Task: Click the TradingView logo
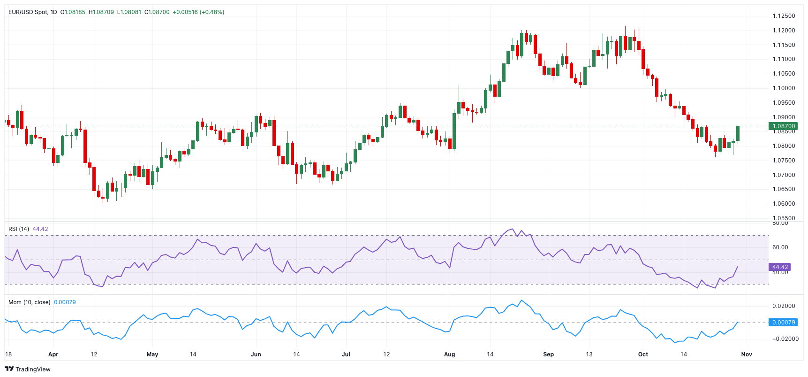pyautogui.click(x=28, y=369)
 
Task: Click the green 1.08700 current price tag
pyautogui.click(x=784, y=126)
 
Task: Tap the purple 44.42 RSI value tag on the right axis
pyautogui.click(x=780, y=267)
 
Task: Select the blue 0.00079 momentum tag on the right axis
pyautogui.click(x=783, y=323)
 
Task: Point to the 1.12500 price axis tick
pyautogui.click(x=784, y=16)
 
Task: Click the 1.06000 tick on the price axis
pyautogui.click(x=784, y=204)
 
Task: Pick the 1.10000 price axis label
pyautogui.click(x=784, y=88)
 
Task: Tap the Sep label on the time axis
pyautogui.click(x=548, y=354)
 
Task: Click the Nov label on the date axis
pyautogui.click(x=746, y=354)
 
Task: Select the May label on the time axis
pyautogui.click(x=152, y=354)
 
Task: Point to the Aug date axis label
pyautogui.click(x=449, y=354)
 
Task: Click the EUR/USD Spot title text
pyautogui.click(x=28, y=12)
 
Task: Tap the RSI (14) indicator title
pyautogui.click(x=19, y=229)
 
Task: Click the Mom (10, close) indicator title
pyautogui.click(x=29, y=302)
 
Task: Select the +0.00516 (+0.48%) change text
pyautogui.click(x=198, y=12)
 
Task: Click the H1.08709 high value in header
pyautogui.click(x=101, y=12)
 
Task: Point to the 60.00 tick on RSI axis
pyautogui.click(x=780, y=247)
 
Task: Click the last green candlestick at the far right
pyautogui.click(x=738, y=133)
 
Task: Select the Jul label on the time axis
pyautogui.click(x=346, y=354)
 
